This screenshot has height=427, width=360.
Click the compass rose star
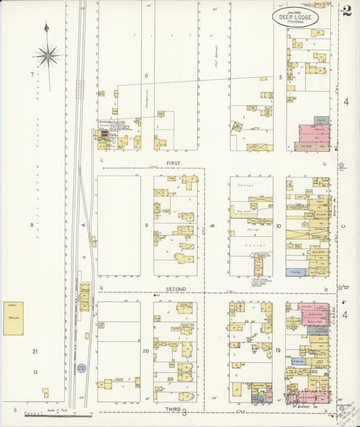[47, 55]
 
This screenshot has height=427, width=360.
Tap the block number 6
[145, 76]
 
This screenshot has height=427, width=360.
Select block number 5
[280, 78]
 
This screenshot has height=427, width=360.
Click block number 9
[145, 224]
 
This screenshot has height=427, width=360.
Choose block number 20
[145, 351]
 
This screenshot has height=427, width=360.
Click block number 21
[33, 351]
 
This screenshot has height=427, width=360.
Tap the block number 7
[31, 74]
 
